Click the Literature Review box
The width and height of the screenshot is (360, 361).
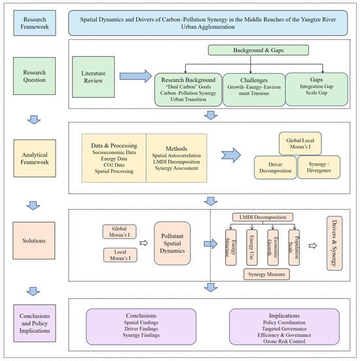pyautogui.click(x=93, y=77)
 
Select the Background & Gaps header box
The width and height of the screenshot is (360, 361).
pyautogui.click(x=259, y=50)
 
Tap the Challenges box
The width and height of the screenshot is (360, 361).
pyautogui.click(x=254, y=90)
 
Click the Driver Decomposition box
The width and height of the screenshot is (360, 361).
pyautogui.click(x=275, y=168)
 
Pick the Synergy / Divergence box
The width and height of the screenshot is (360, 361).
pyautogui.click(x=319, y=167)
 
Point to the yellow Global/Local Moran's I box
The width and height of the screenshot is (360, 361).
pyautogui.click(x=300, y=143)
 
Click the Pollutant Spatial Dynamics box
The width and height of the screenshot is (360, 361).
pyautogui.click(x=172, y=243)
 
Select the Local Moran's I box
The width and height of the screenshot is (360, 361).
pyautogui.click(x=120, y=255)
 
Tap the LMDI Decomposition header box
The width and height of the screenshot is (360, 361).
pyautogui.click(x=262, y=217)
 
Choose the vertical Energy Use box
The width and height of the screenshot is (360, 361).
pyautogui.click(x=251, y=247)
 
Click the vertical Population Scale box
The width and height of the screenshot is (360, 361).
pyautogui.click(x=294, y=247)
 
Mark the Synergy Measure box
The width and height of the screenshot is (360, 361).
pyautogui.click(x=266, y=275)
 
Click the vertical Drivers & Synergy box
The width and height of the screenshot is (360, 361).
pyautogui.click(x=334, y=243)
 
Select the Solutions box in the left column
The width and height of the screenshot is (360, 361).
pyautogui.click(x=34, y=240)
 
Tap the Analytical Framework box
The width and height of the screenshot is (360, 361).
pyautogui.click(x=35, y=159)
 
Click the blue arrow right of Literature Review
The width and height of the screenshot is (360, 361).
pyautogui.click(x=135, y=76)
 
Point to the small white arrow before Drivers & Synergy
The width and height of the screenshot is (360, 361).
pyautogui.click(x=313, y=246)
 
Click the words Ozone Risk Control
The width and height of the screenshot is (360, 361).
pyautogui.click(x=284, y=341)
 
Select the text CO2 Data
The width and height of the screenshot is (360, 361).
pyautogui.click(x=114, y=165)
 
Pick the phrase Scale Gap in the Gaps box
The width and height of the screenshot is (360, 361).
pyautogui.click(x=316, y=92)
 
